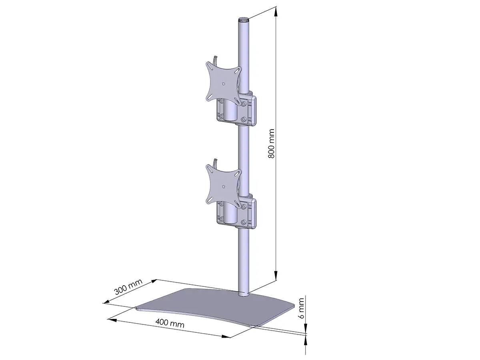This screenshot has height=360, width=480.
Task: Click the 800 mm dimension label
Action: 271,144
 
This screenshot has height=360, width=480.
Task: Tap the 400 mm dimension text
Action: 170,323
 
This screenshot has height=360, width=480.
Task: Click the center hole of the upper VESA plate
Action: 224,83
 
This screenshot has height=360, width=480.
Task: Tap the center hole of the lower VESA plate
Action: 224,185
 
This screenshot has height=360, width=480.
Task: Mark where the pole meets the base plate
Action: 243,295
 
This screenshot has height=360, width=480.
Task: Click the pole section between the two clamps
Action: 243,160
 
